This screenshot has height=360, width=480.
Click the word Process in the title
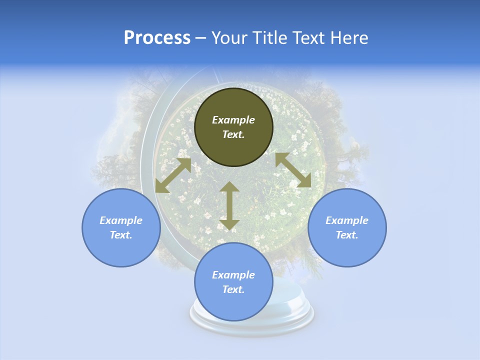click(157, 38)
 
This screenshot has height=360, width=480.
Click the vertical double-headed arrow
click(229, 205)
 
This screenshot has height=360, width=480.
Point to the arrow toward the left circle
click(173, 175)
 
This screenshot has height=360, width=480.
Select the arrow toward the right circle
click(293, 170)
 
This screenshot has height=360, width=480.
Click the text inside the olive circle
click(233, 127)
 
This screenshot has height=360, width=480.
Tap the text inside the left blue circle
click(121, 227)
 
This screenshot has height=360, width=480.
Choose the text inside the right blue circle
click(347, 227)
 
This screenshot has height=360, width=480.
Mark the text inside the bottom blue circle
click(233, 282)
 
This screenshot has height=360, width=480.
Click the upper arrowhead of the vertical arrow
click(229, 187)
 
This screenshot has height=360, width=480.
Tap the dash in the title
click(201, 38)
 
